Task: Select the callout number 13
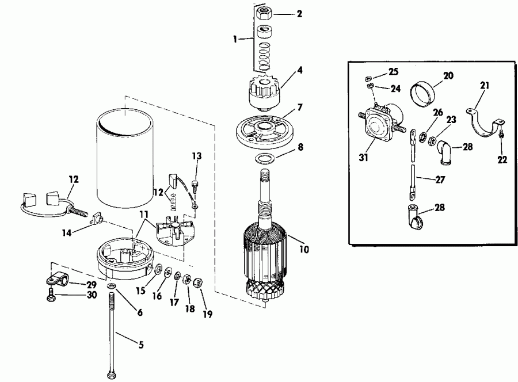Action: (x=197, y=155)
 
